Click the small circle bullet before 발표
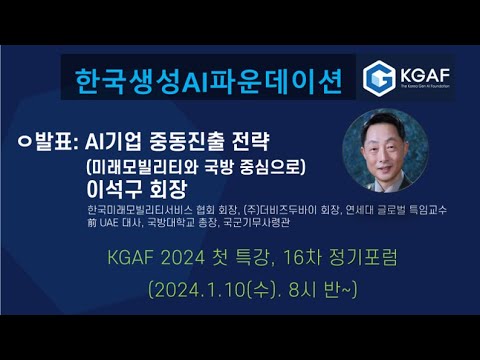[22, 139]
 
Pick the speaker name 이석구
[115, 188]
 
